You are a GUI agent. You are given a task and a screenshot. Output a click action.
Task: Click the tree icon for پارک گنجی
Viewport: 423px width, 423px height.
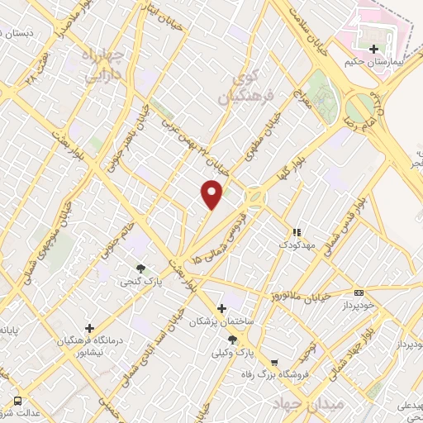141,269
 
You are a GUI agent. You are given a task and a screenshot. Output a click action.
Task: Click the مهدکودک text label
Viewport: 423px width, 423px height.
295,245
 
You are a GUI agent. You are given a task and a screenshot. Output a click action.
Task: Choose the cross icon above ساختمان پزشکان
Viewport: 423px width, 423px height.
221,308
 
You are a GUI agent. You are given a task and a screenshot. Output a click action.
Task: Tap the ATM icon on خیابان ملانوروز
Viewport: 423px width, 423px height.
358,292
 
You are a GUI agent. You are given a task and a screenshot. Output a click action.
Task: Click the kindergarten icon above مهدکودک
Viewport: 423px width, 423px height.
295,232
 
